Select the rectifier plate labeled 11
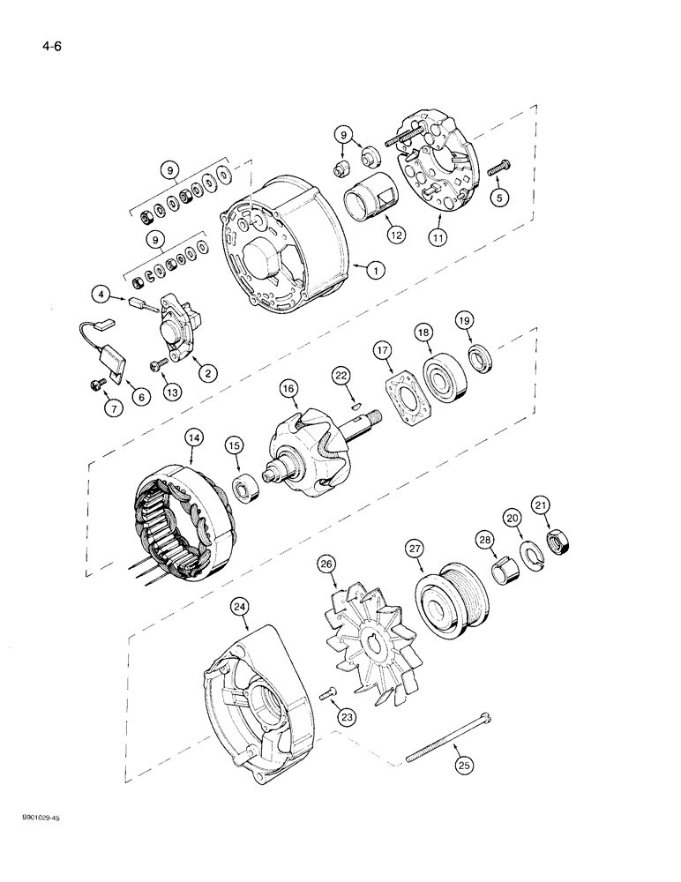coord(437,180)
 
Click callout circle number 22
coord(340,376)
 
